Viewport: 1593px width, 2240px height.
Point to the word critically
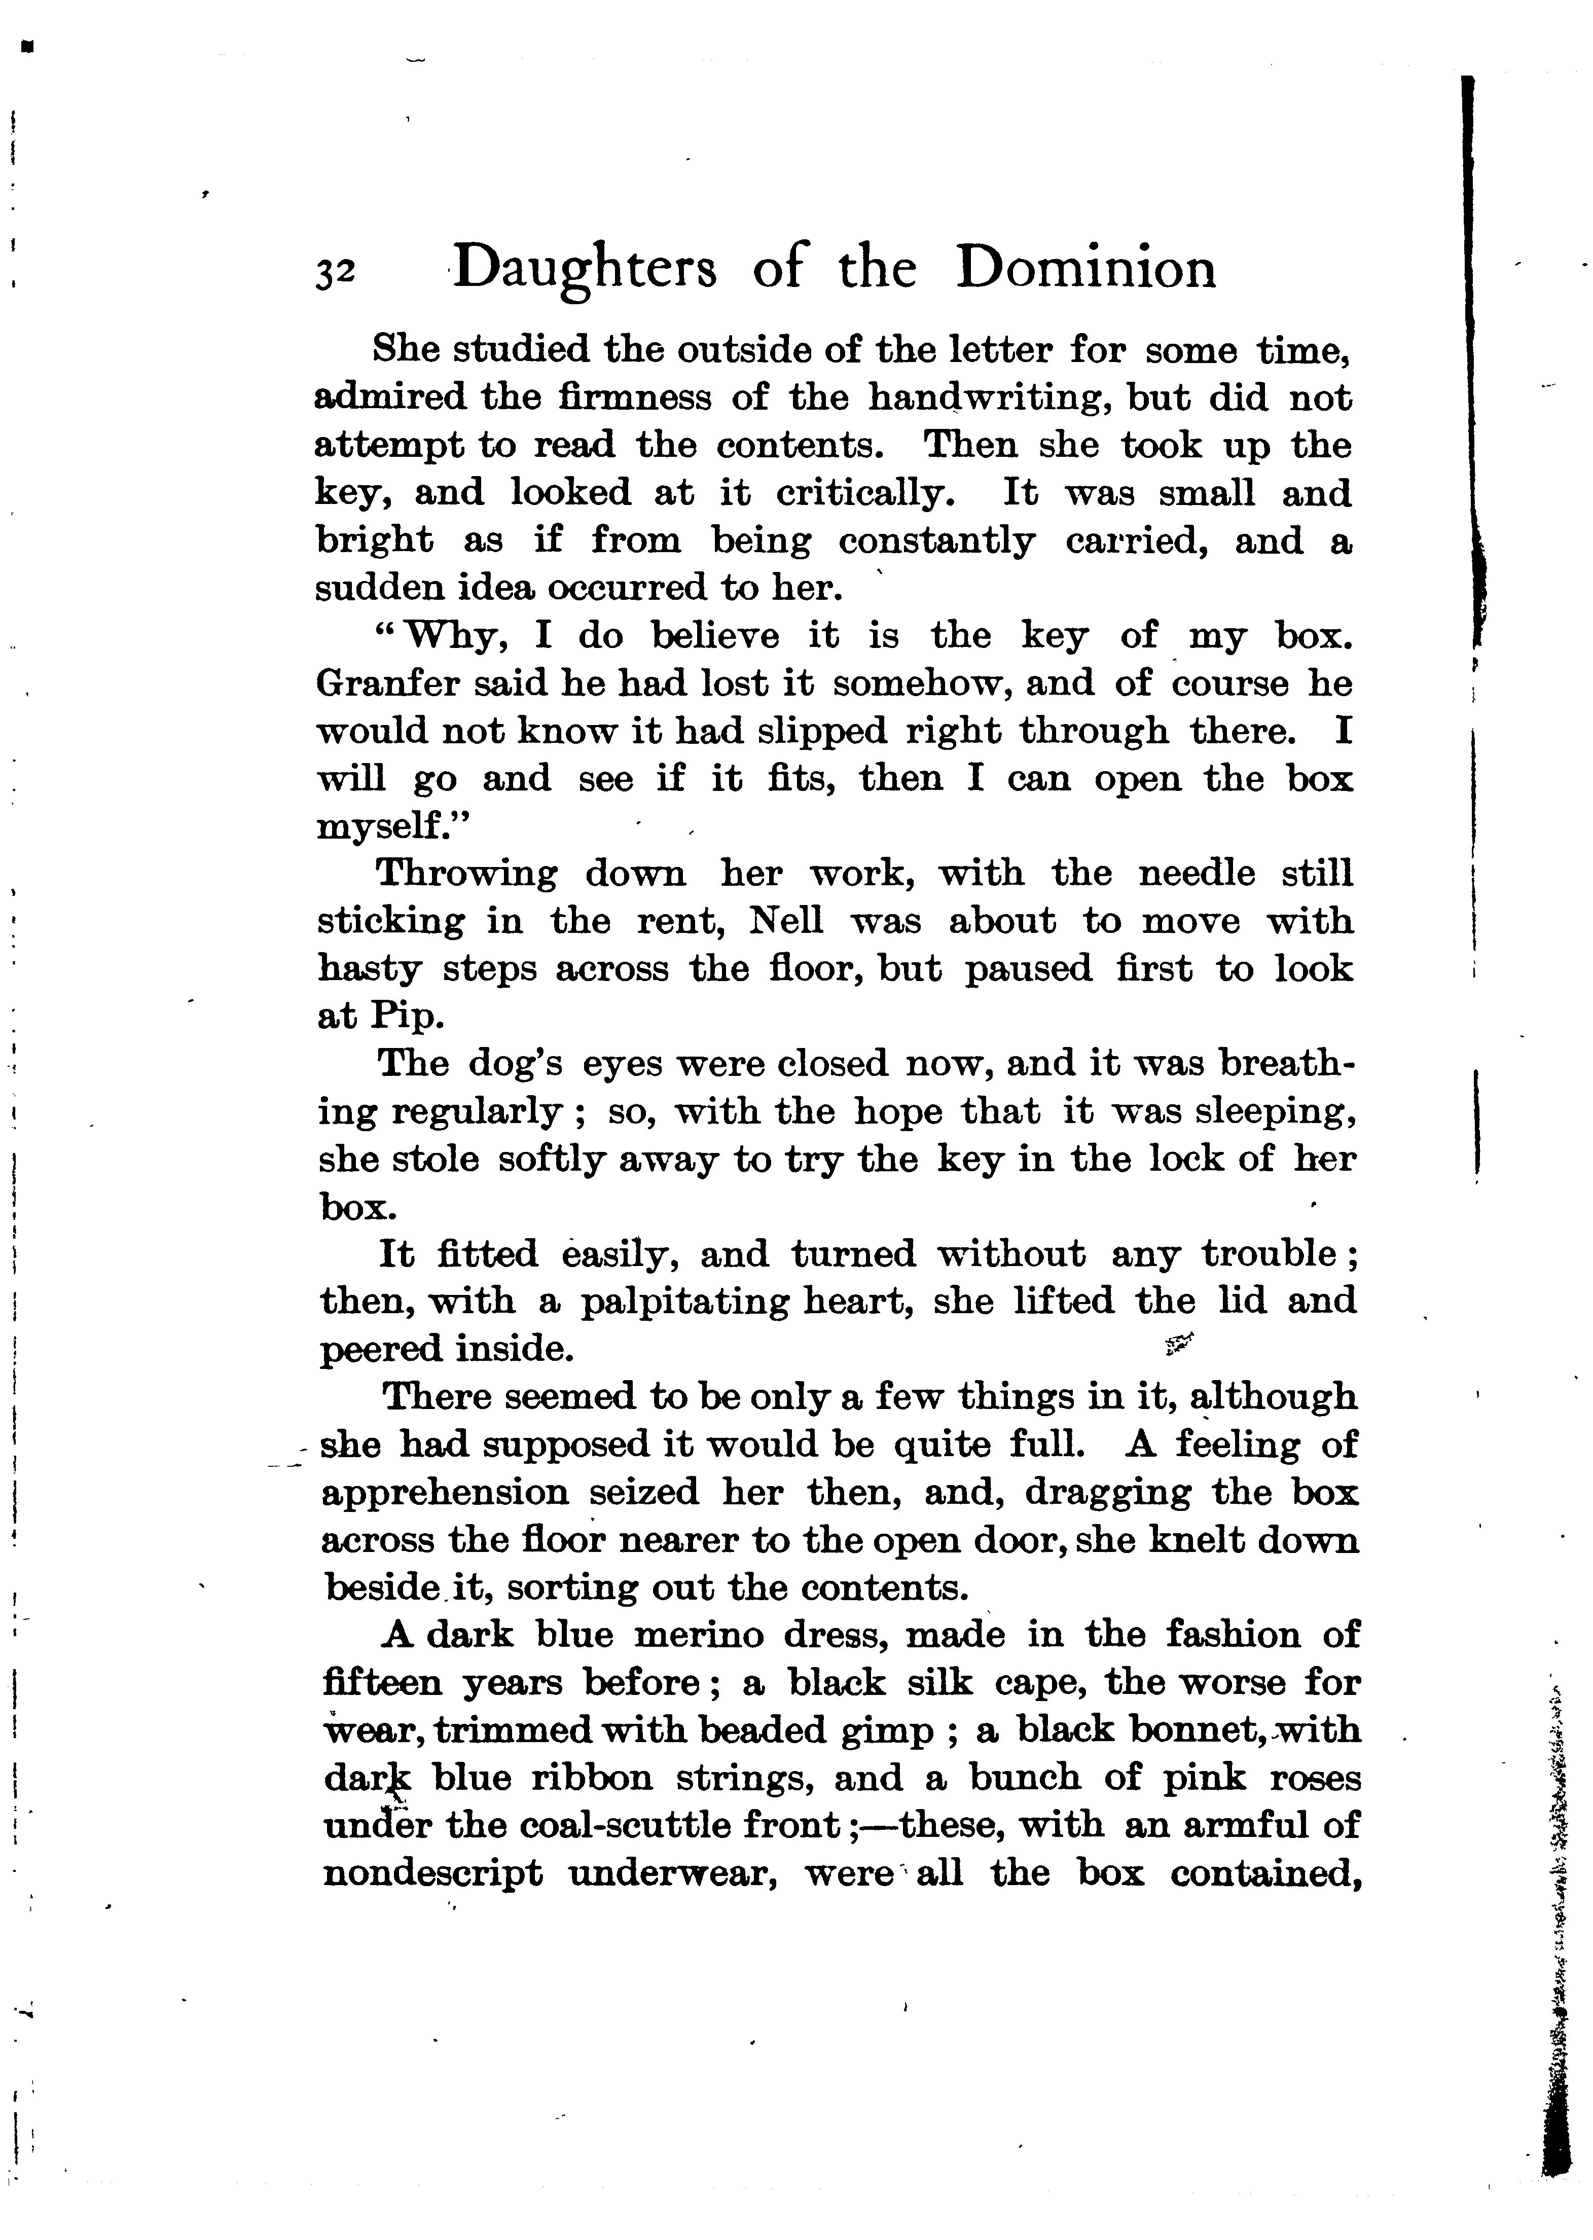865,493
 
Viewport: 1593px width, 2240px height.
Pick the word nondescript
432,1874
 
